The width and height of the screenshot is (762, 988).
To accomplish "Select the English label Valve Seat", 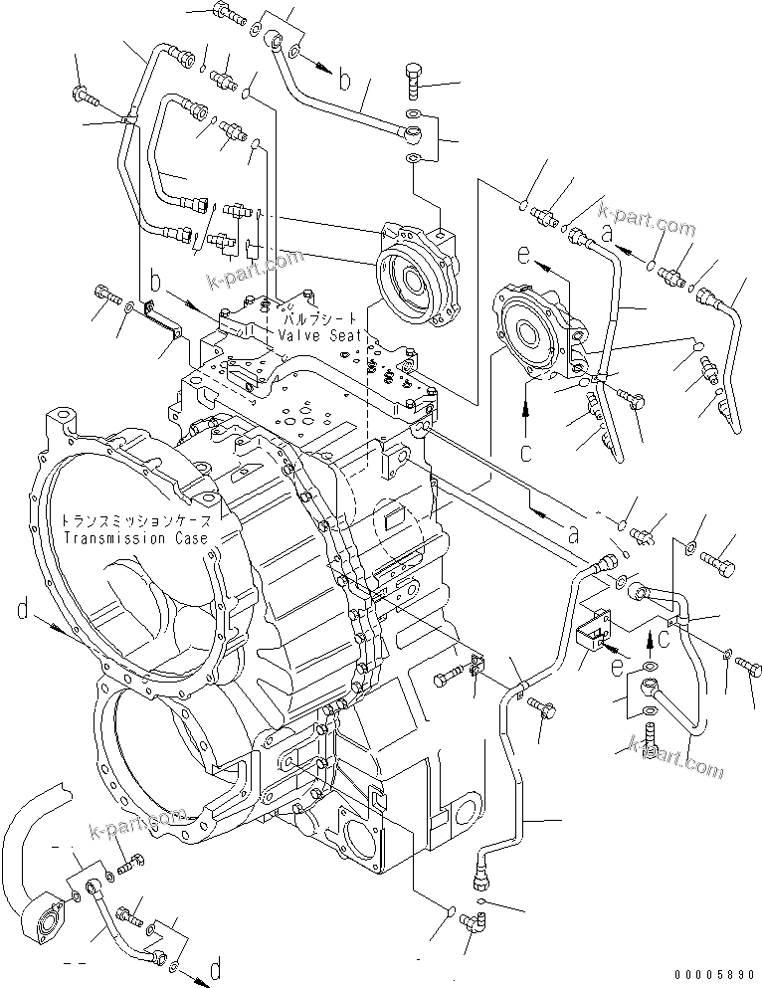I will pos(321,336).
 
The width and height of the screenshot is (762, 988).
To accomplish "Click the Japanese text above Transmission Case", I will pos(135,520).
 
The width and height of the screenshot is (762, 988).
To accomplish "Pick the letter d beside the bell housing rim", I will pos(22,608).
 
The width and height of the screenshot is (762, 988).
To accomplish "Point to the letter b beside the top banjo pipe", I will pos(343,81).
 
